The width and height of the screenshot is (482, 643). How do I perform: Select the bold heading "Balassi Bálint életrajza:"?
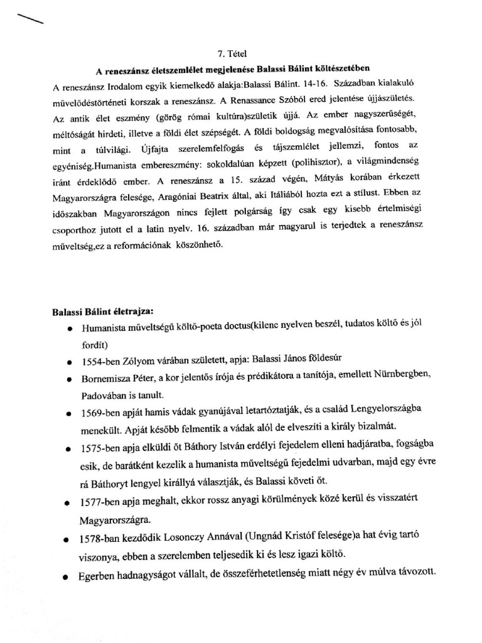[x=102, y=311]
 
